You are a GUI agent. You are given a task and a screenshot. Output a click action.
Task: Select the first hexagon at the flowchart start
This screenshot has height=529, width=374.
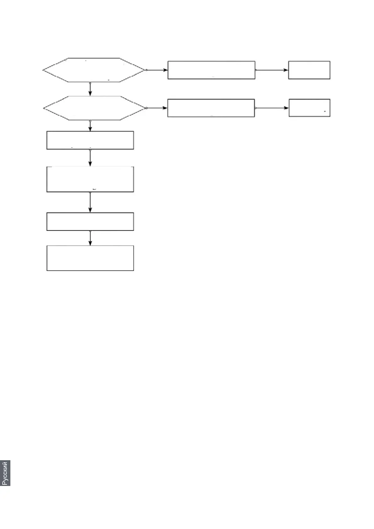pyautogui.click(x=94, y=70)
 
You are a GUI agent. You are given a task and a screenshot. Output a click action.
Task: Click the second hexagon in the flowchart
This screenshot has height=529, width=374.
pyautogui.click(x=94, y=108)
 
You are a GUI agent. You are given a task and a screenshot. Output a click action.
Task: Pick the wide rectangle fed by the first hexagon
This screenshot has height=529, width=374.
pyautogui.click(x=211, y=70)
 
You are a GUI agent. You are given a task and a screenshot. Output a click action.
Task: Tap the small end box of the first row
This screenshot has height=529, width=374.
pyautogui.click(x=309, y=70)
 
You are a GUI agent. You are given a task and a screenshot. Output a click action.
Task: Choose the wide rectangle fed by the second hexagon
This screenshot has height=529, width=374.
pyautogui.click(x=211, y=108)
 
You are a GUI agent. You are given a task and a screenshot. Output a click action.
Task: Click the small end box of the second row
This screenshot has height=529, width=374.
pyautogui.click(x=310, y=108)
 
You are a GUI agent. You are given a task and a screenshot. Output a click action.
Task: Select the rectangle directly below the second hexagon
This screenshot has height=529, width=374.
pyautogui.click(x=90, y=140)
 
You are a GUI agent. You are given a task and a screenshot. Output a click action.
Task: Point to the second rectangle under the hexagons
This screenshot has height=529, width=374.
pyautogui.click(x=90, y=179)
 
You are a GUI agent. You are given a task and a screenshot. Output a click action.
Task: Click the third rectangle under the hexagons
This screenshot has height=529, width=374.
pyautogui.click(x=90, y=222)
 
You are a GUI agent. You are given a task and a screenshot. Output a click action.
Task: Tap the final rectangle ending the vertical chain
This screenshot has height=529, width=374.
pyautogui.click(x=90, y=258)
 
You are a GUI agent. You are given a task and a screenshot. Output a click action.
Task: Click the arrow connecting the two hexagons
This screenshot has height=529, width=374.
pyautogui.click(x=90, y=89)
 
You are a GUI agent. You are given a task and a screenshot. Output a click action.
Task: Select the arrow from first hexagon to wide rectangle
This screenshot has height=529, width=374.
pyautogui.click(x=157, y=70)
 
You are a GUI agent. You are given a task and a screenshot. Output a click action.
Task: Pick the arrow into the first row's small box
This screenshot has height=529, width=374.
pyautogui.click(x=272, y=70)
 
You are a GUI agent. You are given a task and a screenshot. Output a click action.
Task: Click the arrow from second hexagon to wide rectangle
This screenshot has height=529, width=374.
pyautogui.click(x=157, y=108)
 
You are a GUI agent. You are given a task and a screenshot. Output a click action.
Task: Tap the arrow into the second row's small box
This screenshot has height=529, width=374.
pyautogui.click(x=272, y=108)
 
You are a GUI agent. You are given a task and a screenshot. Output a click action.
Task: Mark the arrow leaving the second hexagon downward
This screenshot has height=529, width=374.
pyautogui.click(x=90, y=126)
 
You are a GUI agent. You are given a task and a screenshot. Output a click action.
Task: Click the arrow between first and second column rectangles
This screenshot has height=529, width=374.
pyautogui.click(x=90, y=158)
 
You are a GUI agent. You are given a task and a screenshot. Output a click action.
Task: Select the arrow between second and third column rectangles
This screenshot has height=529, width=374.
pyautogui.click(x=90, y=202)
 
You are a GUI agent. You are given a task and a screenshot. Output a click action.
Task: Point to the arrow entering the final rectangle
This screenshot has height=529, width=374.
pyautogui.click(x=90, y=238)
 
